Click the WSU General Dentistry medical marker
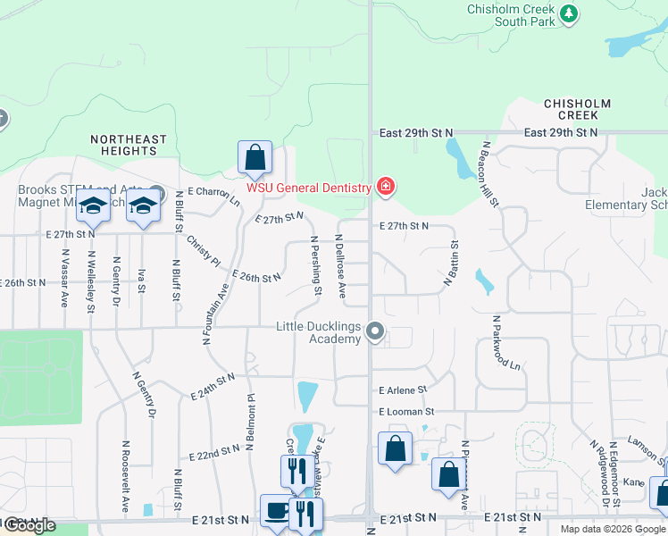point(386,187)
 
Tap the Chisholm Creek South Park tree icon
point(569,13)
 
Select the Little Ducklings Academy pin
point(376,332)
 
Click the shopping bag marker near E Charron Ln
point(255,158)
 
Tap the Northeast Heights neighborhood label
point(129,146)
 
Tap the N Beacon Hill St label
point(491,173)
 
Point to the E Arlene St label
point(404,390)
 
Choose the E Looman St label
point(405,412)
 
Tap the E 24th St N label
point(213,387)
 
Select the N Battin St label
point(451,264)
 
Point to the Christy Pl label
point(203,250)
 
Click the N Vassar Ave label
point(65,278)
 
